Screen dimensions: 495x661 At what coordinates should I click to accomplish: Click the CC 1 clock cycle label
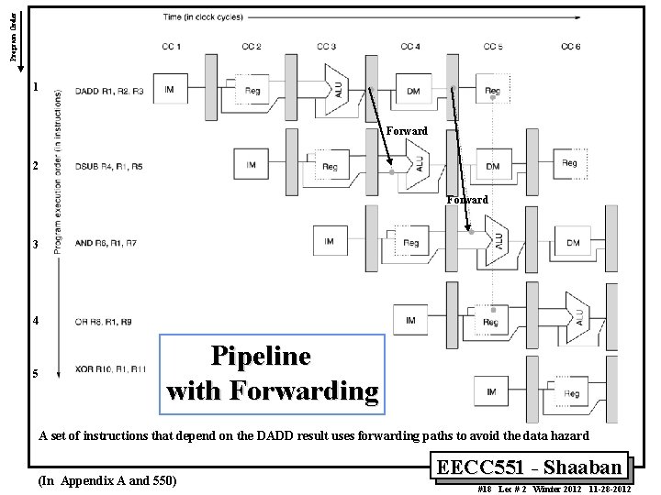point(171,46)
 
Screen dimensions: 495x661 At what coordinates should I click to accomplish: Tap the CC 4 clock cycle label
point(410,46)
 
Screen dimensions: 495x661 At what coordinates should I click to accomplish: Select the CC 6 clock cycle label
point(570,46)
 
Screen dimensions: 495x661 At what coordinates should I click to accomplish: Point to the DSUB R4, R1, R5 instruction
point(109,167)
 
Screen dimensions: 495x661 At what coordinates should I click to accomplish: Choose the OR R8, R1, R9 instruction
point(103,321)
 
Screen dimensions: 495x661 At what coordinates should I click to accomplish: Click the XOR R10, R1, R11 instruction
point(109,368)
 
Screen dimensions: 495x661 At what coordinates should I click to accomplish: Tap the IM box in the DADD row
point(170,89)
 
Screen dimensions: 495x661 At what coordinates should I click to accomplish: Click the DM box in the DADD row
point(412,90)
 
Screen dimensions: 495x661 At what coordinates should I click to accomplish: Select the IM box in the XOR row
point(492,392)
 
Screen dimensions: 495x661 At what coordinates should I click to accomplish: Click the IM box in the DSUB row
point(251,165)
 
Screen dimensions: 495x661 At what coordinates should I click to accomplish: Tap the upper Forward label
point(407,131)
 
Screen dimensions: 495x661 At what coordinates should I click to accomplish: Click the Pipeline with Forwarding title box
point(272,373)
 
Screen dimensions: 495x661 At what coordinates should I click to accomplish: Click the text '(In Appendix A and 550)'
point(107,480)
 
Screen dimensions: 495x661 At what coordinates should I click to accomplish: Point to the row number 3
point(35,245)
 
